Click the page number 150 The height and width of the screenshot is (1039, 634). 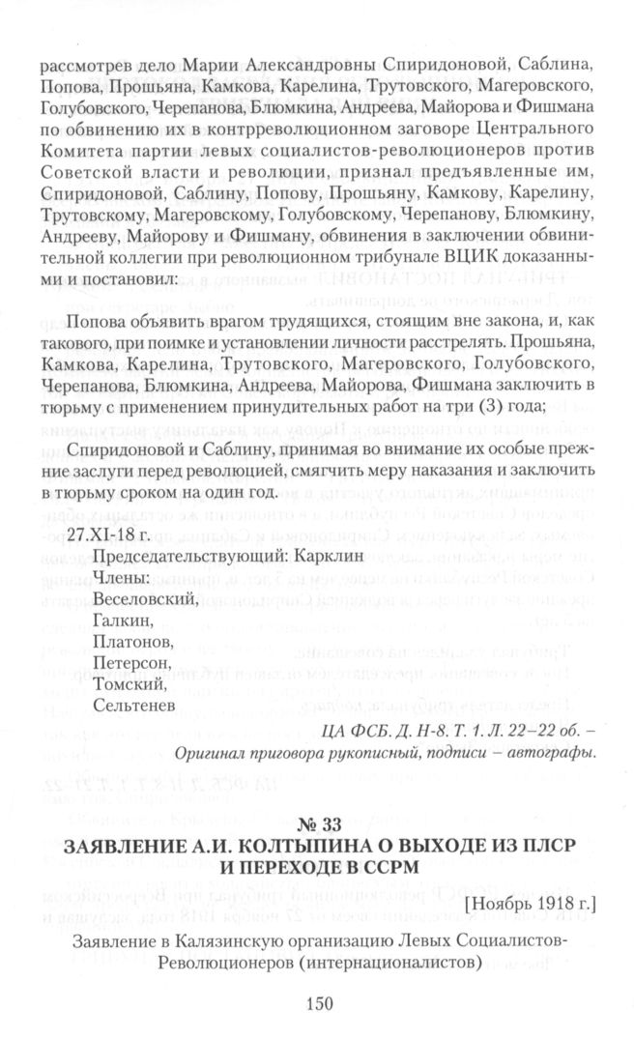pyautogui.click(x=318, y=1003)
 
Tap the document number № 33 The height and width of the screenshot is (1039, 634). pyautogui.click(x=317, y=823)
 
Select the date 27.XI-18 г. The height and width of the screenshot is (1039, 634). pyautogui.click(x=101, y=534)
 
